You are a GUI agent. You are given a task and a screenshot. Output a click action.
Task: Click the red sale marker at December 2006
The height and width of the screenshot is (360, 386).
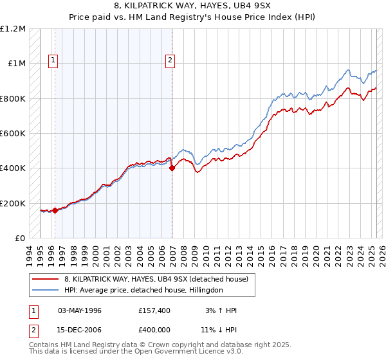[x=172, y=169]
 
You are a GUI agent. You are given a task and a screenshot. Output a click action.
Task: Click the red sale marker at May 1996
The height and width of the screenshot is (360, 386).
[x=55, y=210]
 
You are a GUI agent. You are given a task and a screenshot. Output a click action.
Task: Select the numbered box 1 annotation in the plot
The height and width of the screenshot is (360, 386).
[x=53, y=61]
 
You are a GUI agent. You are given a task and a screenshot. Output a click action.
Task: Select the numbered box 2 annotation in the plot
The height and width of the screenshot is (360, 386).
[x=170, y=61]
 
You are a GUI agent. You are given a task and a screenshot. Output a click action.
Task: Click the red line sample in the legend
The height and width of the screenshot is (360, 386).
[x=46, y=278]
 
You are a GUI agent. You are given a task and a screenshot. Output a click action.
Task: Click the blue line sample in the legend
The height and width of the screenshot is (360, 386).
[x=46, y=290]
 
